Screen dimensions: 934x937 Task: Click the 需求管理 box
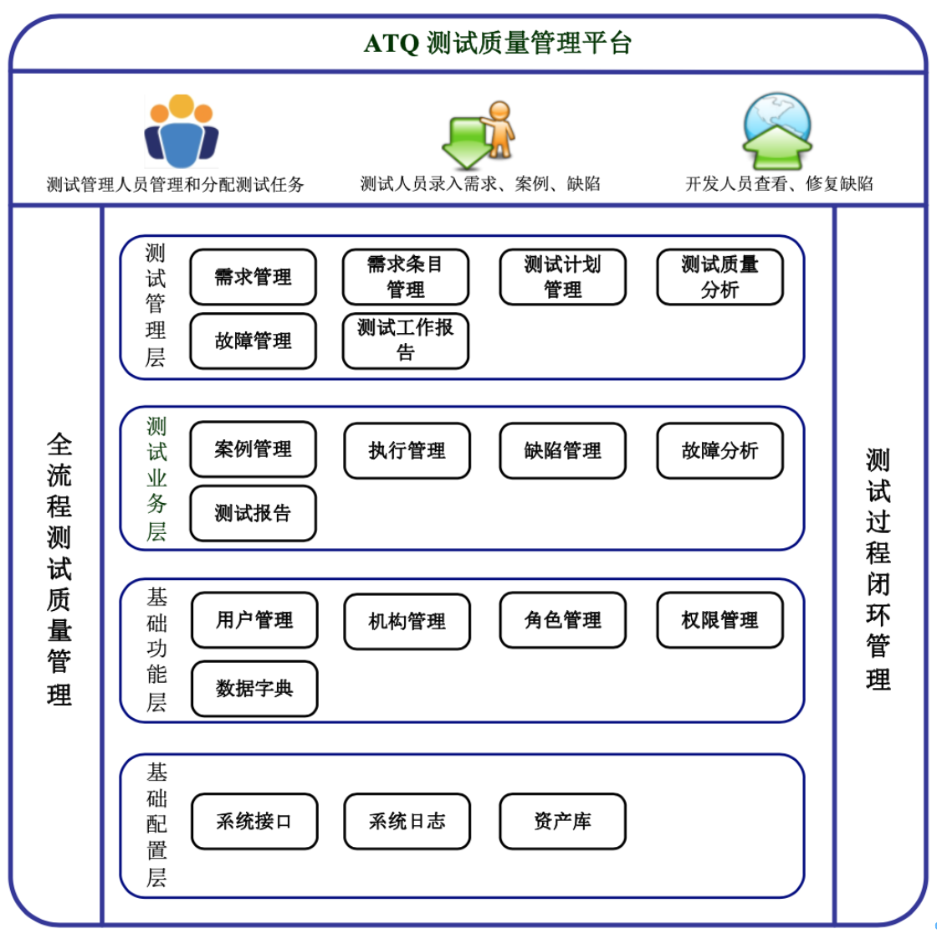coord(253,277)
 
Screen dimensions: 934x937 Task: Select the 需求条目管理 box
coord(406,277)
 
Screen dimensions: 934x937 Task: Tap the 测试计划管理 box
coord(562,277)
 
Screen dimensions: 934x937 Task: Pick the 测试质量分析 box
coord(719,277)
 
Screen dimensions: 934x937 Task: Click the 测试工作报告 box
coord(406,341)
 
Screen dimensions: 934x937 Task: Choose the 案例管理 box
coord(253,450)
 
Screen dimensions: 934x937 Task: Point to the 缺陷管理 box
coord(562,450)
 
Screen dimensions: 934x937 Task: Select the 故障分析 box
coord(719,450)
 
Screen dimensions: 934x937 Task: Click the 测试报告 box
coord(253,513)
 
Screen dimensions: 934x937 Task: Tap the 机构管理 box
coord(407,621)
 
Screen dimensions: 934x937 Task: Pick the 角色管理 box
coord(562,620)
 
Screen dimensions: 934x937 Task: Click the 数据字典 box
coord(254,689)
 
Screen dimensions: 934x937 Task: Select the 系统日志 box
coord(407,821)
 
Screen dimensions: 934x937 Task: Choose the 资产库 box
coord(562,821)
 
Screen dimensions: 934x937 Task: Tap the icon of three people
coord(181,131)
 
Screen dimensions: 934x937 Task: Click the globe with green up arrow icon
coord(778,131)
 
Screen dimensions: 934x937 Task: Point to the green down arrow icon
coord(468,141)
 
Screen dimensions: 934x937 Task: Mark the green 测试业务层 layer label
coord(156,479)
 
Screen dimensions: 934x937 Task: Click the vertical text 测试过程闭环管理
coord(878,569)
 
